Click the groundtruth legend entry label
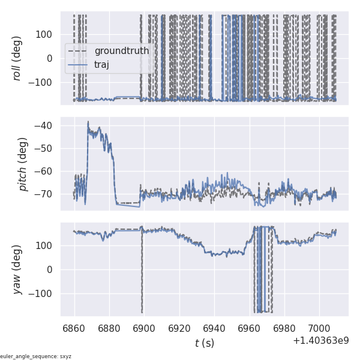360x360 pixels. pyautogui.click(x=121, y=51)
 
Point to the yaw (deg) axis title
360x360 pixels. pyautogui.click(x=17, y=269)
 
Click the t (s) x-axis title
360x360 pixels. pyautogui.click(x=204, y=343)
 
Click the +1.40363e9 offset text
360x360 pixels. pyautogui.click(x=320, y=341)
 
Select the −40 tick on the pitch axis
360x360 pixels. pyautogui.click(x=46, y=126)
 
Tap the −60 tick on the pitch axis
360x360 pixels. pyautogui.click(x=46, y=172)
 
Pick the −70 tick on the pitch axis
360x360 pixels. pyautogui.click(x=46, y=194)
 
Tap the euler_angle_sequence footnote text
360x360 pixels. pyautogui.click(x=36, y=356)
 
